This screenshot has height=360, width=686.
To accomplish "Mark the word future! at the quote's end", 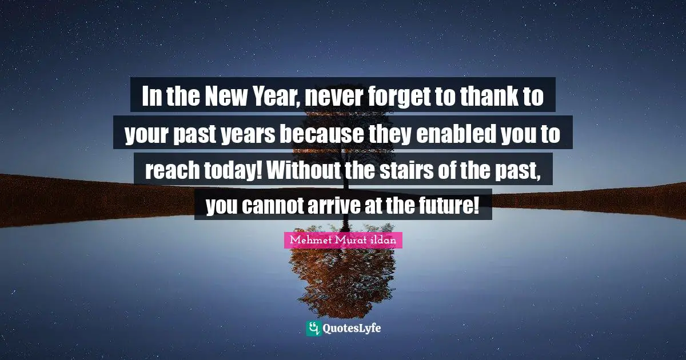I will (x=453, y=206).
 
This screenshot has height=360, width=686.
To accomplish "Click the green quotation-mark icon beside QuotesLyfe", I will (x=313, y=328).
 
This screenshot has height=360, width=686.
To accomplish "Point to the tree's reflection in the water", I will (x=343, y=274).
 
